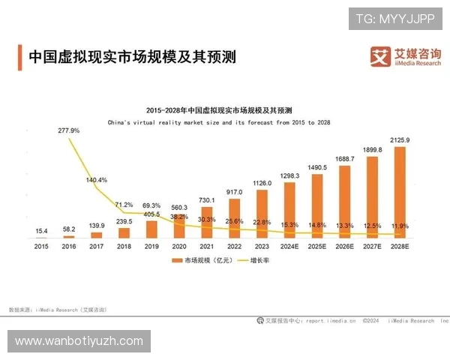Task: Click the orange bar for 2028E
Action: (x=400, y=191)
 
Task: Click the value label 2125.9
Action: (x=400, y=140)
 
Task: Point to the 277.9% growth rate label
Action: (x=68, y=130)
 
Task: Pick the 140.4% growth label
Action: (x=97, y=180)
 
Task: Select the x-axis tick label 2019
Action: (x=151, y=245)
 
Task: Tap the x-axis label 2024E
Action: (x=289, y=245)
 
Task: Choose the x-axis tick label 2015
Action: (x=41, y=245)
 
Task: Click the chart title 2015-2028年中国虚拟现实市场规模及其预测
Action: (x=219, y=109)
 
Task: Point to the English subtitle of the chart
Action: (x=219, y=121)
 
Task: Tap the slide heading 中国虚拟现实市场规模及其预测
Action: (x=131, y=57)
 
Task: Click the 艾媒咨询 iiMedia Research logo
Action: (x=405, y=56)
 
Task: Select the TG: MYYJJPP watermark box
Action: (x=395, y=18)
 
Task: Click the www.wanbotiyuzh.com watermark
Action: (x=79, y=341)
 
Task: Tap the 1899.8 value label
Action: (x=372, y=150)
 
